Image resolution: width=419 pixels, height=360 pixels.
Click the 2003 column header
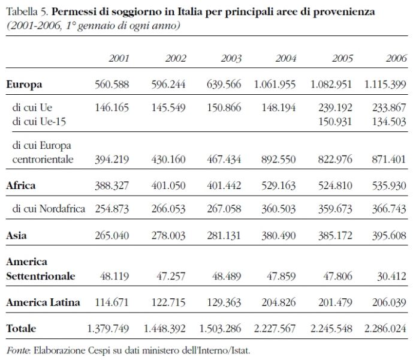click(230, 59)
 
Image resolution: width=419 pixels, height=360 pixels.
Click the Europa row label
click(24, 85)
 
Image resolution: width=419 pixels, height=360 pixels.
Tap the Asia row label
click(16, 236)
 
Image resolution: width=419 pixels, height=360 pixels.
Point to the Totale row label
click(21, 329)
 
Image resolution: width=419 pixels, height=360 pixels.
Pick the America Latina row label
click(43, 302)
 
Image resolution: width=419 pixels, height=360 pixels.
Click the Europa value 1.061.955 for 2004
click(275, 85)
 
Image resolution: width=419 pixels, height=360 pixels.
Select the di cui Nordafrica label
click(49, 209)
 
